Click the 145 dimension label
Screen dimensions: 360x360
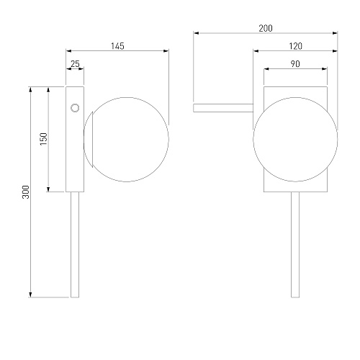click(117, 46)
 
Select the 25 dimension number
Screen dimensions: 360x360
click(75, 64)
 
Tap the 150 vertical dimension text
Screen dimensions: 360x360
click(44, 139)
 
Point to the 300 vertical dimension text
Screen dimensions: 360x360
click(26, 192)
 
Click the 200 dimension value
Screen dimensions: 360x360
click(266, 28)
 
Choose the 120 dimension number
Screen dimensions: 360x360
click(295, 46)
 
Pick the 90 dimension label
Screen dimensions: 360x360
click(295, 64)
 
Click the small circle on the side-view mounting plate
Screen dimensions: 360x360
click(75, 108)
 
